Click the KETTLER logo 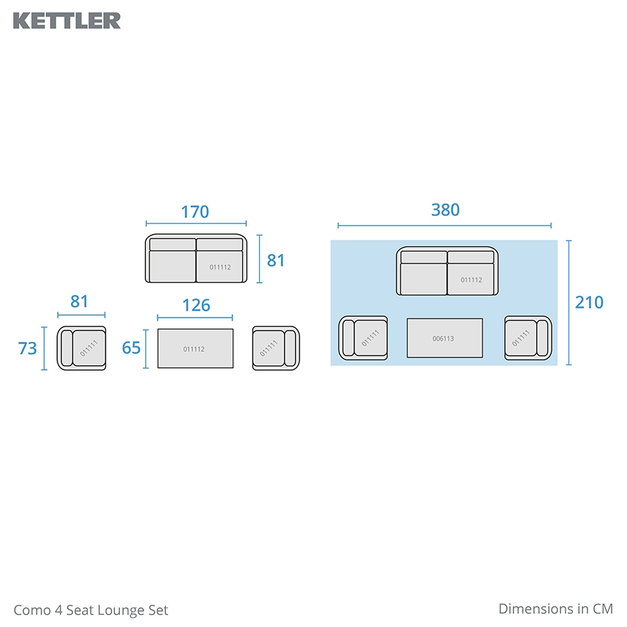point(67,20)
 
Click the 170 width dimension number point(195,211)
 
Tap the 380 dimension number point(445,210)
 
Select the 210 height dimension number point(589,302)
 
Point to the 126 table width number point(196,306)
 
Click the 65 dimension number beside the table point(131,348)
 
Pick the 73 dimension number point(27,348)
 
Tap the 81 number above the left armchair point(79,302)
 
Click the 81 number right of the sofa point(276,261)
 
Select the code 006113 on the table point(443,339)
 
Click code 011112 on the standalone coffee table point(194,349)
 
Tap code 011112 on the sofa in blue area point(471,280)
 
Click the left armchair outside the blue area point(82,348)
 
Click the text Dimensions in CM point(555,608)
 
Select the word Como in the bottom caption point(31,610)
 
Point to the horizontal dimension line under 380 point(444,226)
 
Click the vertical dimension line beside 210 point(568,302)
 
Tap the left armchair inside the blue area point(363,338)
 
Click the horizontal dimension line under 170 point(196,224)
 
